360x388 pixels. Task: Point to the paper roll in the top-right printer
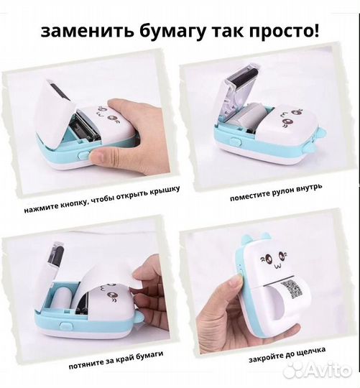click(252, 118)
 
